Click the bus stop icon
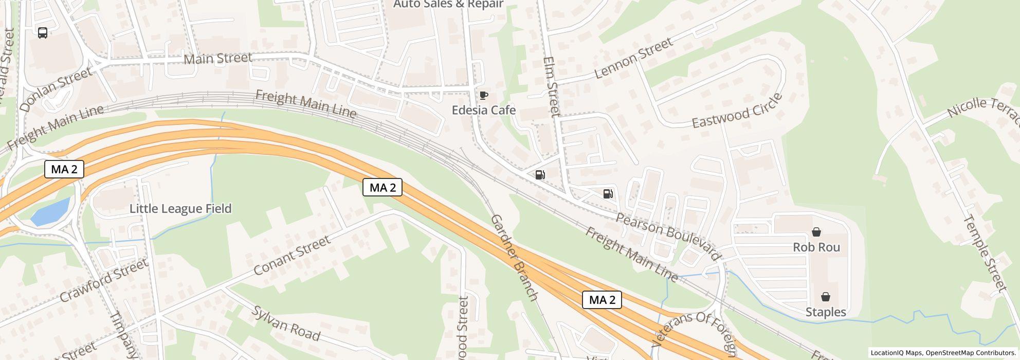[43, 33]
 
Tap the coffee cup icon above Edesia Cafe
[483, 95]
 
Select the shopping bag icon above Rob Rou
[816, 232]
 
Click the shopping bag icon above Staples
[825, 297]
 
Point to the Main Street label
[217, 58]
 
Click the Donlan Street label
[56, 89]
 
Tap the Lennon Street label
[633, 58]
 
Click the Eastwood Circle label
[737, 111]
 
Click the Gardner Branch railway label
[514, 257]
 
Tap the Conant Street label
[292, 255]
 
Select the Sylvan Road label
[285, 323]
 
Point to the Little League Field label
[180, 208]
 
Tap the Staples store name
[825, 312]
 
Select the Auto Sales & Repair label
[448, 4]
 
